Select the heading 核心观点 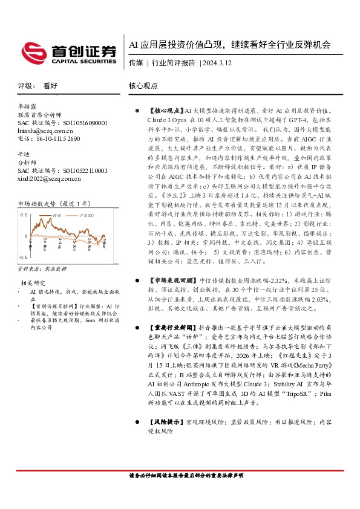point(144,86)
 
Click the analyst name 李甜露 point(28,106)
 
